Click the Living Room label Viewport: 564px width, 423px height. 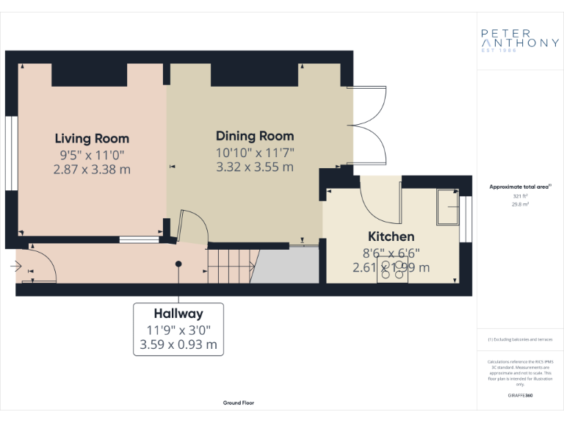point(92,138)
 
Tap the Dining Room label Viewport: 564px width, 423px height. point(255,136)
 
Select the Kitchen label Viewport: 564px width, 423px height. point(391,236)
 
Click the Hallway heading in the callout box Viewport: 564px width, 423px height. point(178,314)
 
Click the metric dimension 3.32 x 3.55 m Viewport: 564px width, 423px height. point(255,167)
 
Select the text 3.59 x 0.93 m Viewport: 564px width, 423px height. point(178,344)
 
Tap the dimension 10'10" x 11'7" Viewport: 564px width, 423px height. point(255,152)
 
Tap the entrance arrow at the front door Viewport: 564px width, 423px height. point(17,267)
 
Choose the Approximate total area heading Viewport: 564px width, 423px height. point(519,187)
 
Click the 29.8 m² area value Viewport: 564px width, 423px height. point(519,206)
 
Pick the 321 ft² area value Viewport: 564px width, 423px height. point(519,197)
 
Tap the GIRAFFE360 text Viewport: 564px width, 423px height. point(519,395)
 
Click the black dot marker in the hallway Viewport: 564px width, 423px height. point(178,264)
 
